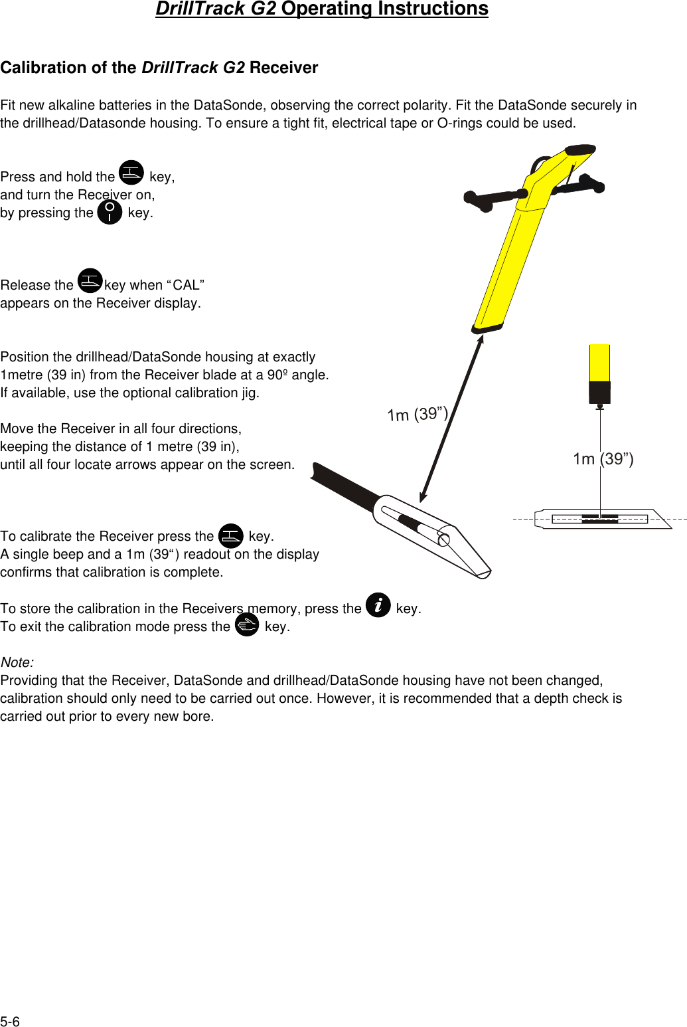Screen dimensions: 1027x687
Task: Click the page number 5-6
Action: [10, 1022]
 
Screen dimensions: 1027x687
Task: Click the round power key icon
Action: [110, 213]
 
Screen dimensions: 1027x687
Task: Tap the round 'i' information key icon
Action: [378, 605]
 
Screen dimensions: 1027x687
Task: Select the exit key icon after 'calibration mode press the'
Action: [247, 625]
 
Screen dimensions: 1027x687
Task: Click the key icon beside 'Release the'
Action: [90, 281]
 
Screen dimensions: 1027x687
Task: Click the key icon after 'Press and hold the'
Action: [131, 173]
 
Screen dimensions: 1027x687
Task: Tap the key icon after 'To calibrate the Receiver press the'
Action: [231, 535]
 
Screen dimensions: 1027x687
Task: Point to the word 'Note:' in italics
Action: [17, 662]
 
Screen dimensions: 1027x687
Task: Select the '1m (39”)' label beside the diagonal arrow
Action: [418, 415]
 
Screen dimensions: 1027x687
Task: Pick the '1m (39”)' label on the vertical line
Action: [603, 459]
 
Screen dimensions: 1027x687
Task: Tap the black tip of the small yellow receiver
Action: [599, 392]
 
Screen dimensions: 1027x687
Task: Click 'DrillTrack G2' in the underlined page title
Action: [216, 9]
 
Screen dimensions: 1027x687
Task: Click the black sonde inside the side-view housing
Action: [600, 519]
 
